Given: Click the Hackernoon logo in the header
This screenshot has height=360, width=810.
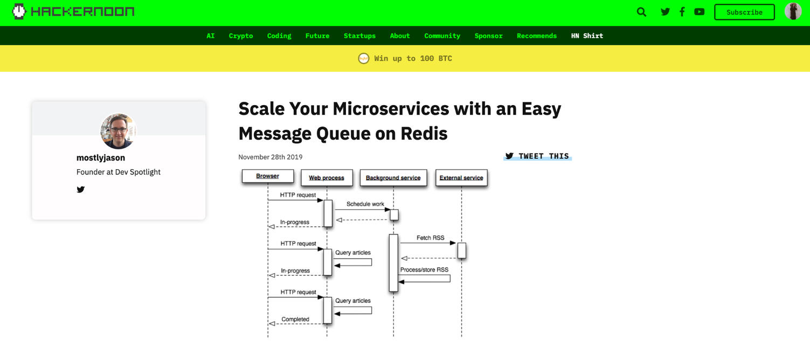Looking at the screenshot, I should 74,11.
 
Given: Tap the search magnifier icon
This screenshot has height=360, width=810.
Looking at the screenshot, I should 641,12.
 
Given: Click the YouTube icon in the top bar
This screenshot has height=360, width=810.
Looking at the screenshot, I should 700,12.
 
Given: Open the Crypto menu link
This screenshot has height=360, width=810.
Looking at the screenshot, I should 241,36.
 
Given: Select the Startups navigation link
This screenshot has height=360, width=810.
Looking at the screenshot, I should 359,36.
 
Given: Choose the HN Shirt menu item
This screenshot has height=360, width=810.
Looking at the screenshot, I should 587,36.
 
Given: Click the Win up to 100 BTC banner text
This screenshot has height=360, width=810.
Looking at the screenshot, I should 413,58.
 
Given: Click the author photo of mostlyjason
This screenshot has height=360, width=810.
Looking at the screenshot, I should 118,131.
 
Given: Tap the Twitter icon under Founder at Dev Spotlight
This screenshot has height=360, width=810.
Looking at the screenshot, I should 81,189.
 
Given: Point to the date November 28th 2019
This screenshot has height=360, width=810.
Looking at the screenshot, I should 271,157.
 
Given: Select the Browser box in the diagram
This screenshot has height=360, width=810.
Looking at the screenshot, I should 268,176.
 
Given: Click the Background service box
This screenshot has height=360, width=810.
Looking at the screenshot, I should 393,178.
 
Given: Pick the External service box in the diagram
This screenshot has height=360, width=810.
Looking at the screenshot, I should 461,178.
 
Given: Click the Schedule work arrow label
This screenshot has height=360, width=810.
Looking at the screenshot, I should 365,204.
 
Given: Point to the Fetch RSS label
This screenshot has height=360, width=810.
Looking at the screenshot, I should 430,238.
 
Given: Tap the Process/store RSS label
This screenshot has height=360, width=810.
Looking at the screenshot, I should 424,270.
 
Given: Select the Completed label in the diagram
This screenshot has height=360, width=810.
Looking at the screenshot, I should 295,319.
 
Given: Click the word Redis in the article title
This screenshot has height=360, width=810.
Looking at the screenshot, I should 424,133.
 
